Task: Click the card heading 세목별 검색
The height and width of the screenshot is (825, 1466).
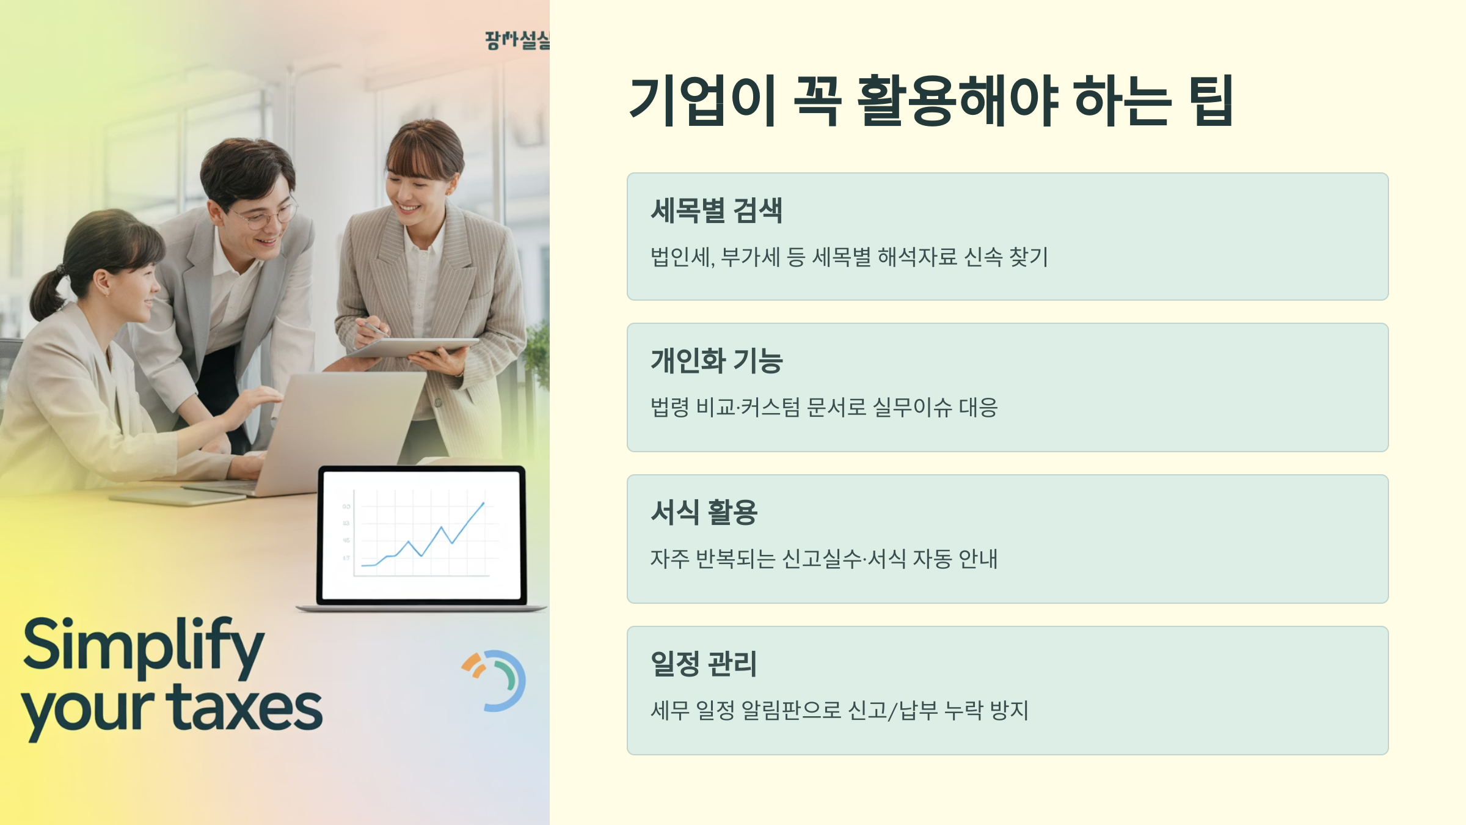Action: (x=716, y=211)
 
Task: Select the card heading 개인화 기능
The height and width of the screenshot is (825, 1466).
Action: (x=716, y=361)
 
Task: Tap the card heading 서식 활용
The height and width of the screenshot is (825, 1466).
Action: (x=704, y=512)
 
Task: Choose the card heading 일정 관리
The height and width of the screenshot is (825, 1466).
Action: (x=704, y=664)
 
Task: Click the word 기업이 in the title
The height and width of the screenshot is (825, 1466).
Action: (x=702, y=101)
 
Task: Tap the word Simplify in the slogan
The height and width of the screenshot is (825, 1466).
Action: (x=144, y=645)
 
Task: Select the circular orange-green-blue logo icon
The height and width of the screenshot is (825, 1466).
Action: (x=495, y=680)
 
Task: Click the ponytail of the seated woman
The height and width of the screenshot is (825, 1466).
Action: (x=46, y=293)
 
